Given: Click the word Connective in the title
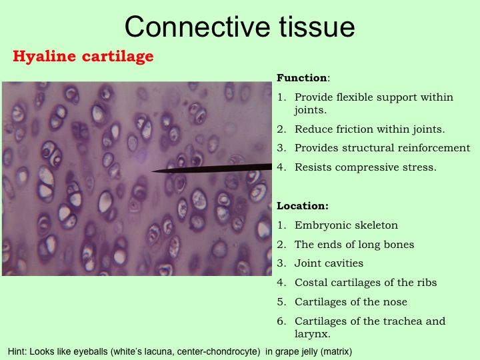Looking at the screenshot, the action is (x=197, y=27).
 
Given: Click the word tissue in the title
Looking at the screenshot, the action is (x=317, y=27).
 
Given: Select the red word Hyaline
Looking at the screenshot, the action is (x=45, y=57).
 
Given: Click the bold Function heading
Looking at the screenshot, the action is (x=302, y=78).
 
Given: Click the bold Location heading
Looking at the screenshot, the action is (x=303, y=206).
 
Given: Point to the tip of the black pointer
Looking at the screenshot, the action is (x=152, y=171).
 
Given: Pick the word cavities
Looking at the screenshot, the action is (x=345, y=263).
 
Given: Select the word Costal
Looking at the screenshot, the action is (x=311, y=282).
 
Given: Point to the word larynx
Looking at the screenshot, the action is (x=311, y=334).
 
